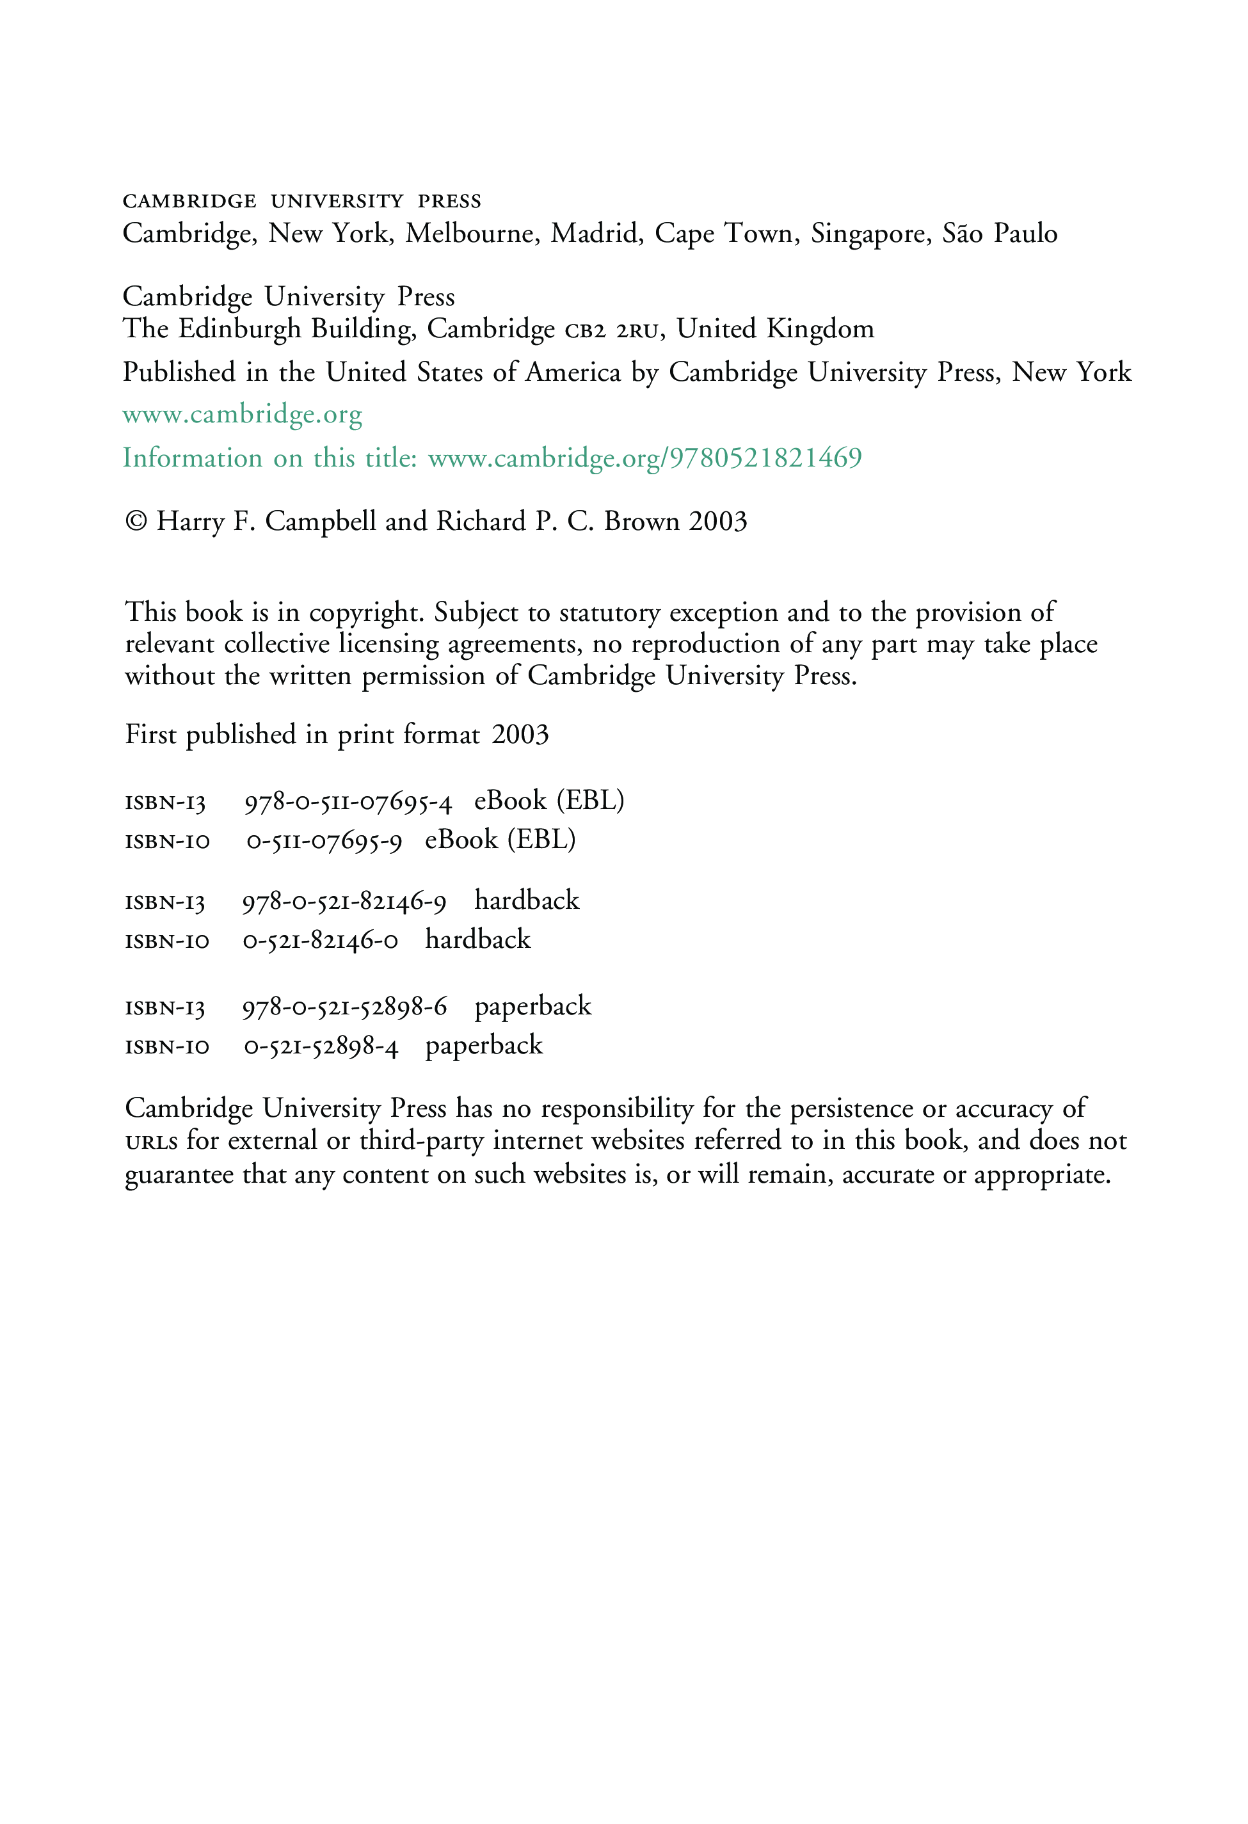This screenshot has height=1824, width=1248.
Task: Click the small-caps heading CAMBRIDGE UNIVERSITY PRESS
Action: click(301, 202)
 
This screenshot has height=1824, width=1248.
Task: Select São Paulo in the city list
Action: click(999, 234)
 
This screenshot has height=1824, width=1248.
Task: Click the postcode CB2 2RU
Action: click(611, 330)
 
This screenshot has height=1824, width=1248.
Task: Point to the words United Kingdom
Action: click(774, 329)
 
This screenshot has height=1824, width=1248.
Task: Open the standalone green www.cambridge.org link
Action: click(242, 415)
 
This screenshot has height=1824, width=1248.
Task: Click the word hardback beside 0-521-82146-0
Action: click(477, 940)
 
